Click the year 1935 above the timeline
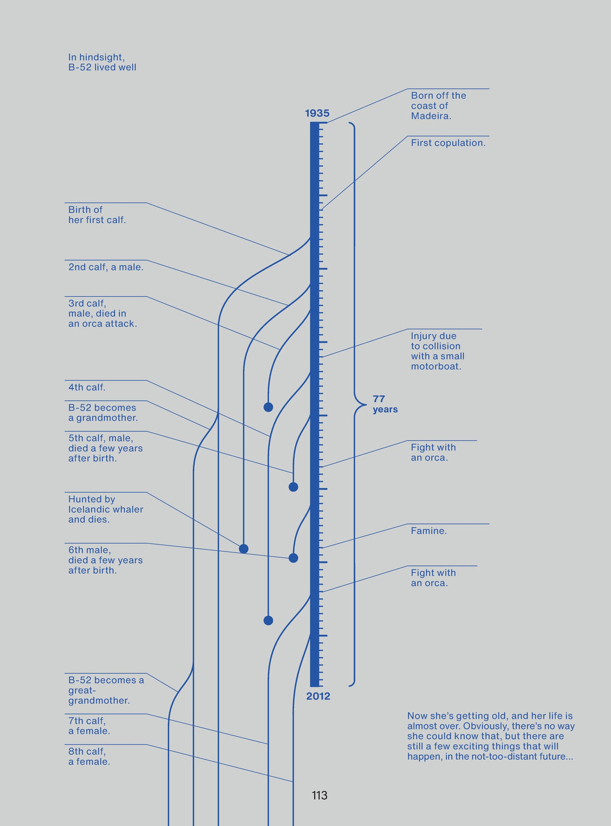pos(317,113)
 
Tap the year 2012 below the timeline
pos(318,696)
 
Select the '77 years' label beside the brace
pos(385,404)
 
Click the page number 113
pos(320,795)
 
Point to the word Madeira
pos(431,116)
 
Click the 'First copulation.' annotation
pos(448,143)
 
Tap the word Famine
pos(428,531)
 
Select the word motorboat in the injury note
pos(436,366)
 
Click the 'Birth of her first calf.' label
pos(97,215)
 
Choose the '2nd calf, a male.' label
pos(106,267)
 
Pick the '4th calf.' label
pos(87,387)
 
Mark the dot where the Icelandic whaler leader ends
pos(244,548)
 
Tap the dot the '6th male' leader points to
pos(293,558)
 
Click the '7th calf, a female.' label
pos(89,726)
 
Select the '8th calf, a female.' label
pos(89,756)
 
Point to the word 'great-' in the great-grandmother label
pos(82,690)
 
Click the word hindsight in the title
pos(101,57)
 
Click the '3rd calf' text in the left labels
pos(87,304)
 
